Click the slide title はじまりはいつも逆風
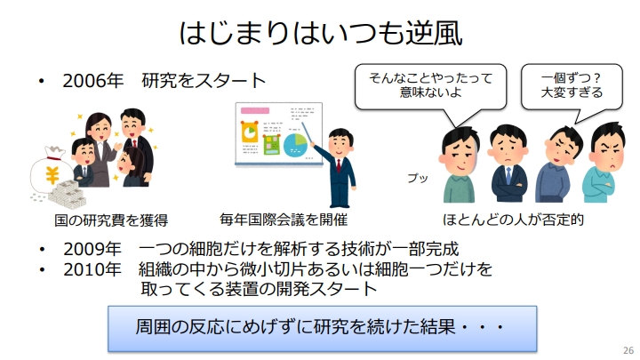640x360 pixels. pos(321,33)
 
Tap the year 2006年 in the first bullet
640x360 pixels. pos(92,80)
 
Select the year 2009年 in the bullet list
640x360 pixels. pos(92,249)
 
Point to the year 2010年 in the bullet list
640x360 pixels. pos(92,269)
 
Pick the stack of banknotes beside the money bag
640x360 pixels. pos(68,195)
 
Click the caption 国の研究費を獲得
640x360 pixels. pos(111,220)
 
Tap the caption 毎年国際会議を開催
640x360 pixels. pos(284,220)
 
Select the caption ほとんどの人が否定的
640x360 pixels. pos(513,220)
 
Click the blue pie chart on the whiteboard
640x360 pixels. pos(295,145)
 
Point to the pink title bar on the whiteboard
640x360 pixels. pos(255,110)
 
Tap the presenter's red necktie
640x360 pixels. pos(339,165)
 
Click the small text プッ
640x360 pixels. pos(418,178)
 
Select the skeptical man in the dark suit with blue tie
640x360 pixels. pos(508,164)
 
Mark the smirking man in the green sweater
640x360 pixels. pos(460,164)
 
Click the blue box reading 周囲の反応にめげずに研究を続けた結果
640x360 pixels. pos(322,329)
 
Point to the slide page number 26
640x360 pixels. pos(628,350)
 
